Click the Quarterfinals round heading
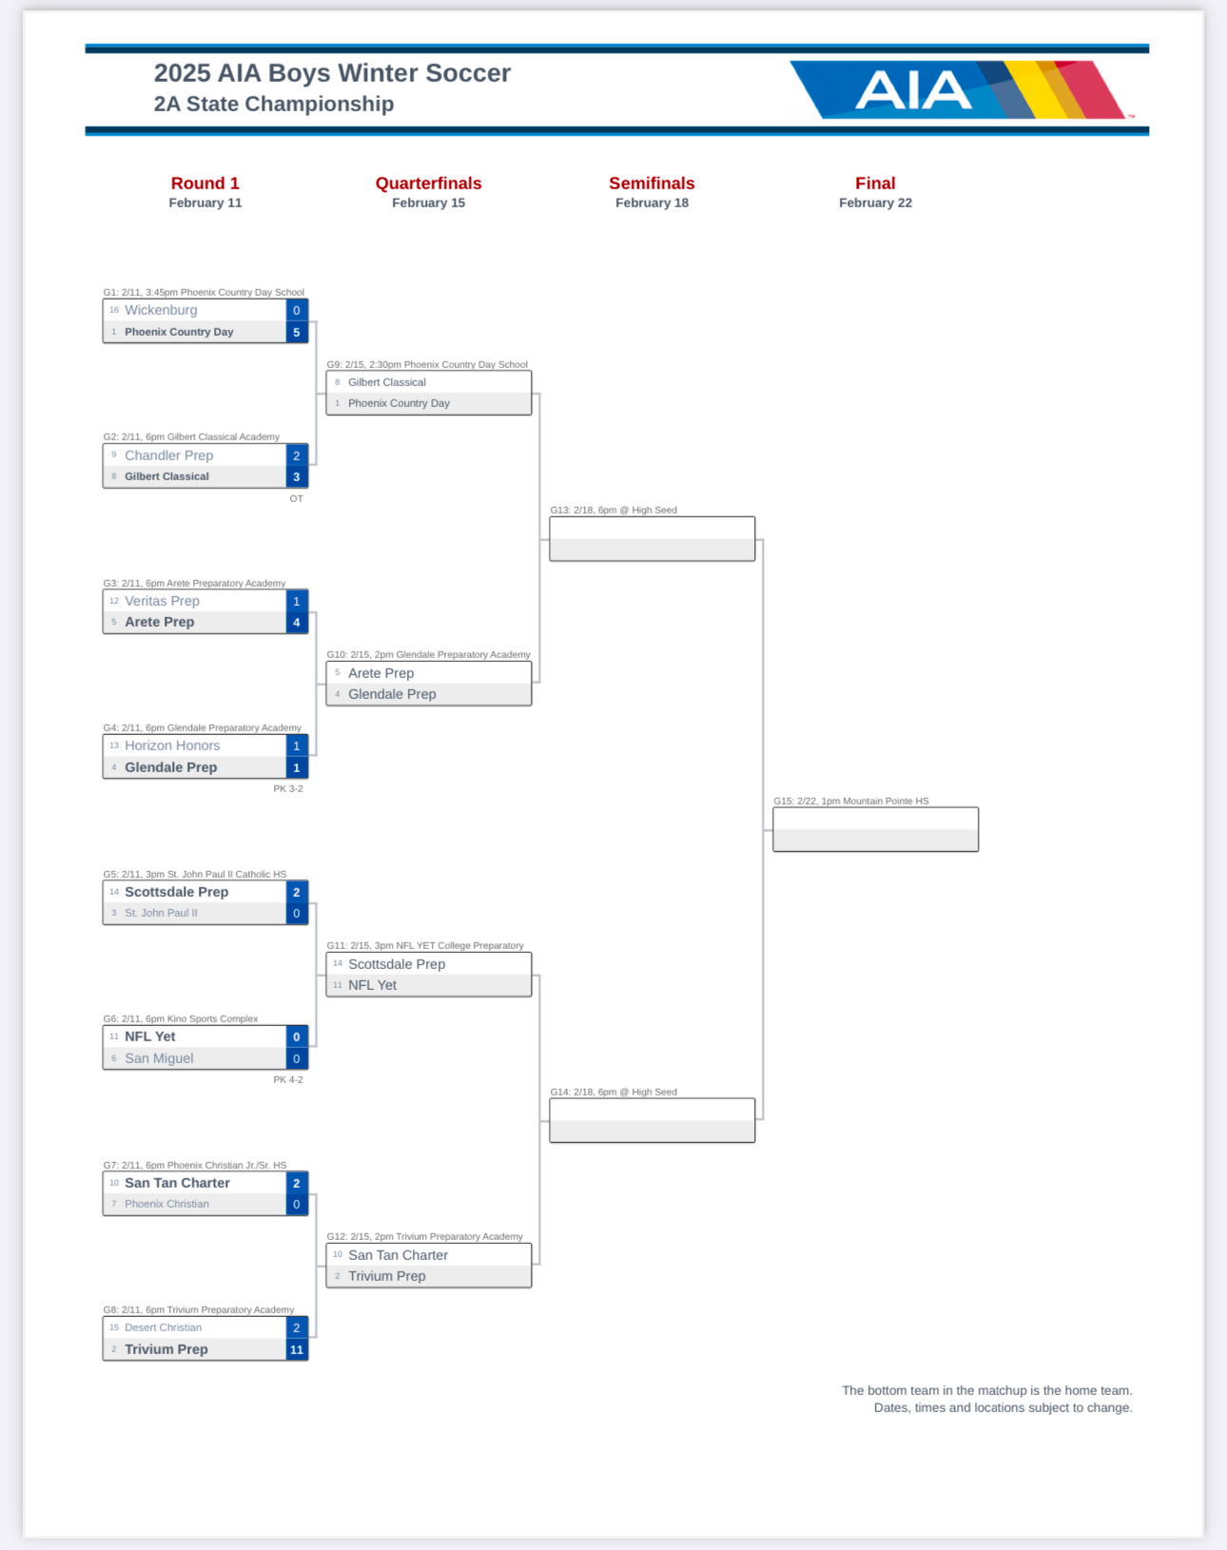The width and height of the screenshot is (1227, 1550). point(428,184)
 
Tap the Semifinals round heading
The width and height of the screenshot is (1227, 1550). point(652,184)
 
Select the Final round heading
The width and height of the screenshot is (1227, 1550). point(875,184)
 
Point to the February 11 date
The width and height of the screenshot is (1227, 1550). point(205,203)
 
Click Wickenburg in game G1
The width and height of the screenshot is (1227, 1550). point(161,310)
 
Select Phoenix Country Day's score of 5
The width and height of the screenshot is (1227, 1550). point(297,332)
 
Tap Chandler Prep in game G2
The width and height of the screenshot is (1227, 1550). point(168,455)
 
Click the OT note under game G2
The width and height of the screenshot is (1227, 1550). point(297,498)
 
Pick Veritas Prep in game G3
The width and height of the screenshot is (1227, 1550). point(162,601)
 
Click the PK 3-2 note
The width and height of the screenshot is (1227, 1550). point(288,788)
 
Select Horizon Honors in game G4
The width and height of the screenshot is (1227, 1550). point(172,746)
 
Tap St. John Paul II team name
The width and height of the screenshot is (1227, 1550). point(161,913)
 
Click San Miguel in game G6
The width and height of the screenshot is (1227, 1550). point(159,1058)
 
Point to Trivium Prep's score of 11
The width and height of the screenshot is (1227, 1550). point(297,1349)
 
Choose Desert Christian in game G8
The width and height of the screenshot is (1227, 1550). point(163,1327)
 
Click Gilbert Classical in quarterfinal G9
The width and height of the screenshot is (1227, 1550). point(387,382)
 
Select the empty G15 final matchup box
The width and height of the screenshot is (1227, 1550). point(875,829)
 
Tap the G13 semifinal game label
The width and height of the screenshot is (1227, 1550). point(613,511)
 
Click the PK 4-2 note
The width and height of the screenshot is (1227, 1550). point(288,1079)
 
